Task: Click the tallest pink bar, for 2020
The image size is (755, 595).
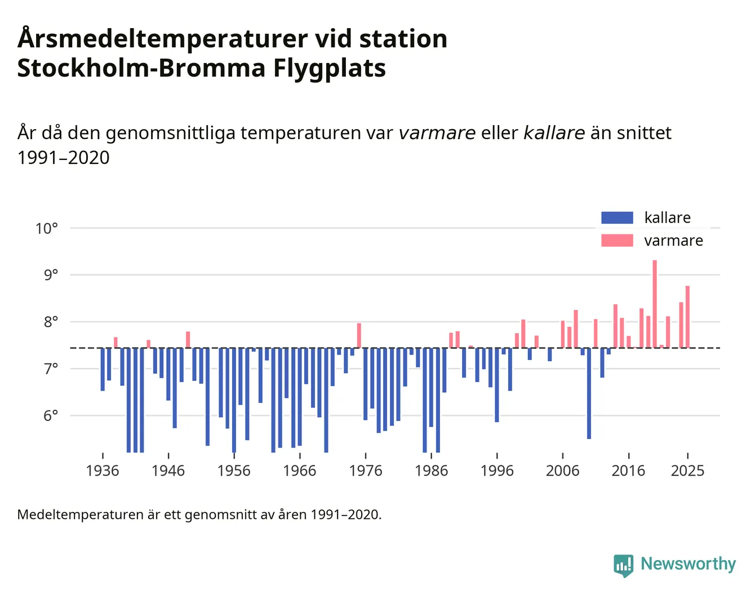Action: click(x=655, y=304)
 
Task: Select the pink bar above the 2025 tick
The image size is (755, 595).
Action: click(x=687, y=317)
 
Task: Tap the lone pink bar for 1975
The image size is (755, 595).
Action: click(x=359, y=336)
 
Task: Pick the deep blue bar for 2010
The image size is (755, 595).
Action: click(x=589, y=393)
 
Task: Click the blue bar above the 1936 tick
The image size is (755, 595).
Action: click(x=103, y=370)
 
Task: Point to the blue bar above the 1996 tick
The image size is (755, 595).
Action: click(x=497, y=385)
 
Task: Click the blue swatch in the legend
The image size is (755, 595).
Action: click(x=617, y=217)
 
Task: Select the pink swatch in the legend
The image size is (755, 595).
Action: click(x=617, y=241)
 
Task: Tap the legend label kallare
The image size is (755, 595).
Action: click(x=667, y=217)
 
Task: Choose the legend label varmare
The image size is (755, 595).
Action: click(x=673, y=241)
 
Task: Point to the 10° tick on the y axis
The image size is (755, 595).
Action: click(x=47, y=228)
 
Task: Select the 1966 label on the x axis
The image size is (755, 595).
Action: click(x=300, y=471)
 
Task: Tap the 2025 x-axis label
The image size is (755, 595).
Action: click(x=687, y=471)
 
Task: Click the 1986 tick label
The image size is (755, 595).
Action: click(x=431, y=471)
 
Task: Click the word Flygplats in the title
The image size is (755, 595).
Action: click(x=330, y=68)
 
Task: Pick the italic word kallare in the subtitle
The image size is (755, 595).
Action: click(x=554, y=133)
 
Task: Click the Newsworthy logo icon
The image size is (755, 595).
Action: click(x=624, y=565)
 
